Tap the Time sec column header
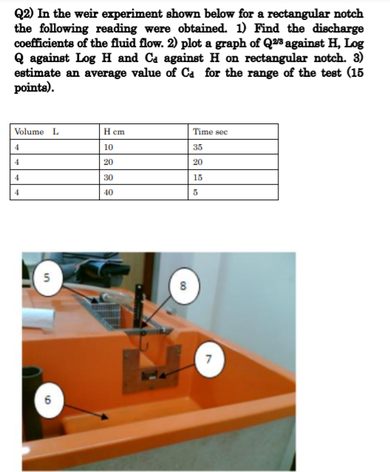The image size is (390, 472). [211, 131]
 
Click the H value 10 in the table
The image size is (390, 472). [109, 147]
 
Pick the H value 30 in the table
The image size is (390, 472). [109, 177]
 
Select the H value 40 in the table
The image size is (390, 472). [109, 192]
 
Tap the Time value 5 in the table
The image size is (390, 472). [196, 192]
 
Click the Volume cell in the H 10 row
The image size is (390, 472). [18, 147]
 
